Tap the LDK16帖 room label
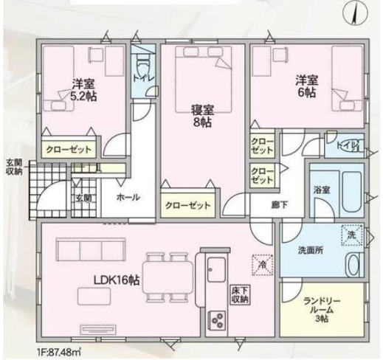(x=117, y=280)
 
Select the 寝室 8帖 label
(x=202, y=117)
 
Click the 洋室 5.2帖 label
(x=83, y=90)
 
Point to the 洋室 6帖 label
(x=306, y=86)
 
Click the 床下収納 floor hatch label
(x=240, y=295)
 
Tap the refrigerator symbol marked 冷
(x=263, y=265)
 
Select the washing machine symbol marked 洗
(x=352, y=235)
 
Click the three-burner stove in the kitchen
(x=217, y=320)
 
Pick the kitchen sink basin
(x=216, y=269)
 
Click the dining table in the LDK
(x=168, y=277)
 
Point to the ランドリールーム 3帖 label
(x=322, y=310)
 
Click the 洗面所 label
(x=311, y=250)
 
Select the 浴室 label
(x=322, y=190)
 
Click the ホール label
(x=128, y=197)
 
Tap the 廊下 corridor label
(x=280, y=204)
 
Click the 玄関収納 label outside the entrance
(x=14, y=167)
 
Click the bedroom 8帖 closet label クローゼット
(x=187, y=205)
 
